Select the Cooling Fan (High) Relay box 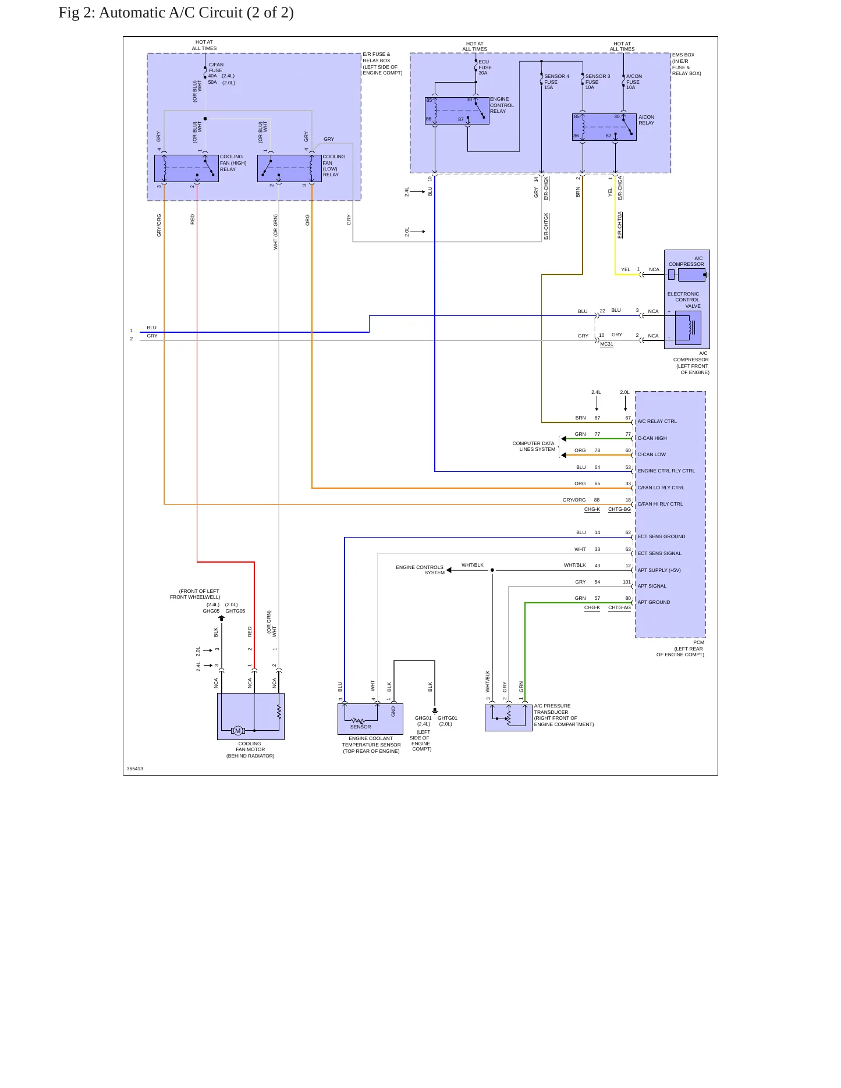(186, 168)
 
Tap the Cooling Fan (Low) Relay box (289, 168)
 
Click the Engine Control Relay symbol (457, 111)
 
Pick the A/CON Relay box (604, 127)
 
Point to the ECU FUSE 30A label (485, 67)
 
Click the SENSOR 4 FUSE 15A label (556, 82)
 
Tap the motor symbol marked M (237, 731)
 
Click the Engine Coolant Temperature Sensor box (370, 719)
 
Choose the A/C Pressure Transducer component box (508, 717)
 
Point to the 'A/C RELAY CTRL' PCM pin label (657, 421)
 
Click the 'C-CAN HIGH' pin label (652, 438)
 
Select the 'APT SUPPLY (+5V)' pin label (659, 570)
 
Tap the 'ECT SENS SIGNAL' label (659, 553)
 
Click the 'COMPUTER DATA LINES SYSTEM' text (534, 446)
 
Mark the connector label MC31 (606, 344)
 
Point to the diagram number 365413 (135, 769)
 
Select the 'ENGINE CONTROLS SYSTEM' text (420, 570)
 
